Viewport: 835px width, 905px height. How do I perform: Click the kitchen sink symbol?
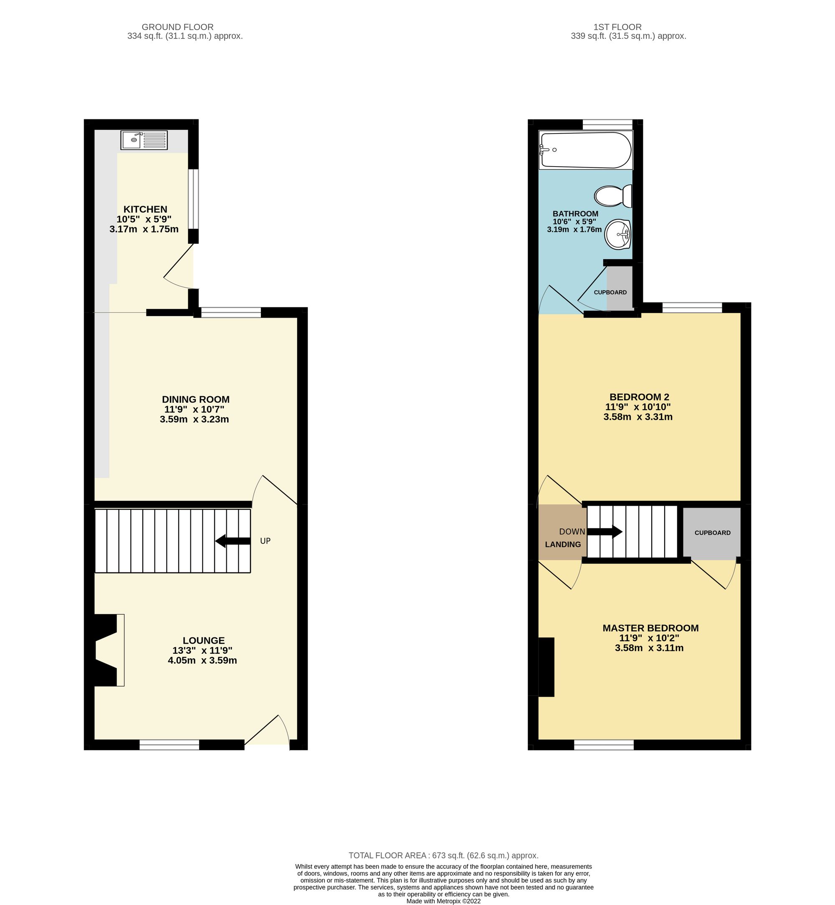click(x=144, y=140)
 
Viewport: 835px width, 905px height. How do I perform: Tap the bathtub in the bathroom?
click(x=586, y=150)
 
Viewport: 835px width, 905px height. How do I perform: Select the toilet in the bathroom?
click(x=613, y=196)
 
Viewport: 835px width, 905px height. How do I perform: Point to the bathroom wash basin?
click(x=617, y=234)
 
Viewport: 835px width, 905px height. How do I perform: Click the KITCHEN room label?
click(x=145, y=209)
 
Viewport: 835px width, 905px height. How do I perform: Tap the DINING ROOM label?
click(x=196, y=399)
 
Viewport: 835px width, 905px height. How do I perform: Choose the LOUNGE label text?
click(x=203, y=640)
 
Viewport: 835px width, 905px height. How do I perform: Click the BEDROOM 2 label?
click(x=639, y=397)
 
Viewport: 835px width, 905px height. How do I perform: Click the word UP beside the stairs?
click(x=265, y=541)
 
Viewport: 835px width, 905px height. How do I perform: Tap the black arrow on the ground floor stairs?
click(x=233, y=541)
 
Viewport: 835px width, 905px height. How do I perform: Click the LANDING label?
click(x=562, y=544)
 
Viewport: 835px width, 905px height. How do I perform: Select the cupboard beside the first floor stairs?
click(x=712, y=533)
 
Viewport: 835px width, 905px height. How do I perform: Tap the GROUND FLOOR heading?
click(x=177, y=27)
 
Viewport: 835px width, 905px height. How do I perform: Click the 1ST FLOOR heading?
click(x=617, y=27)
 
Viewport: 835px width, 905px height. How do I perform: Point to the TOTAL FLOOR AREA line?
click(x=443, y=855)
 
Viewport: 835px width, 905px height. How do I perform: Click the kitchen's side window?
click(x=193, y=199)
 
